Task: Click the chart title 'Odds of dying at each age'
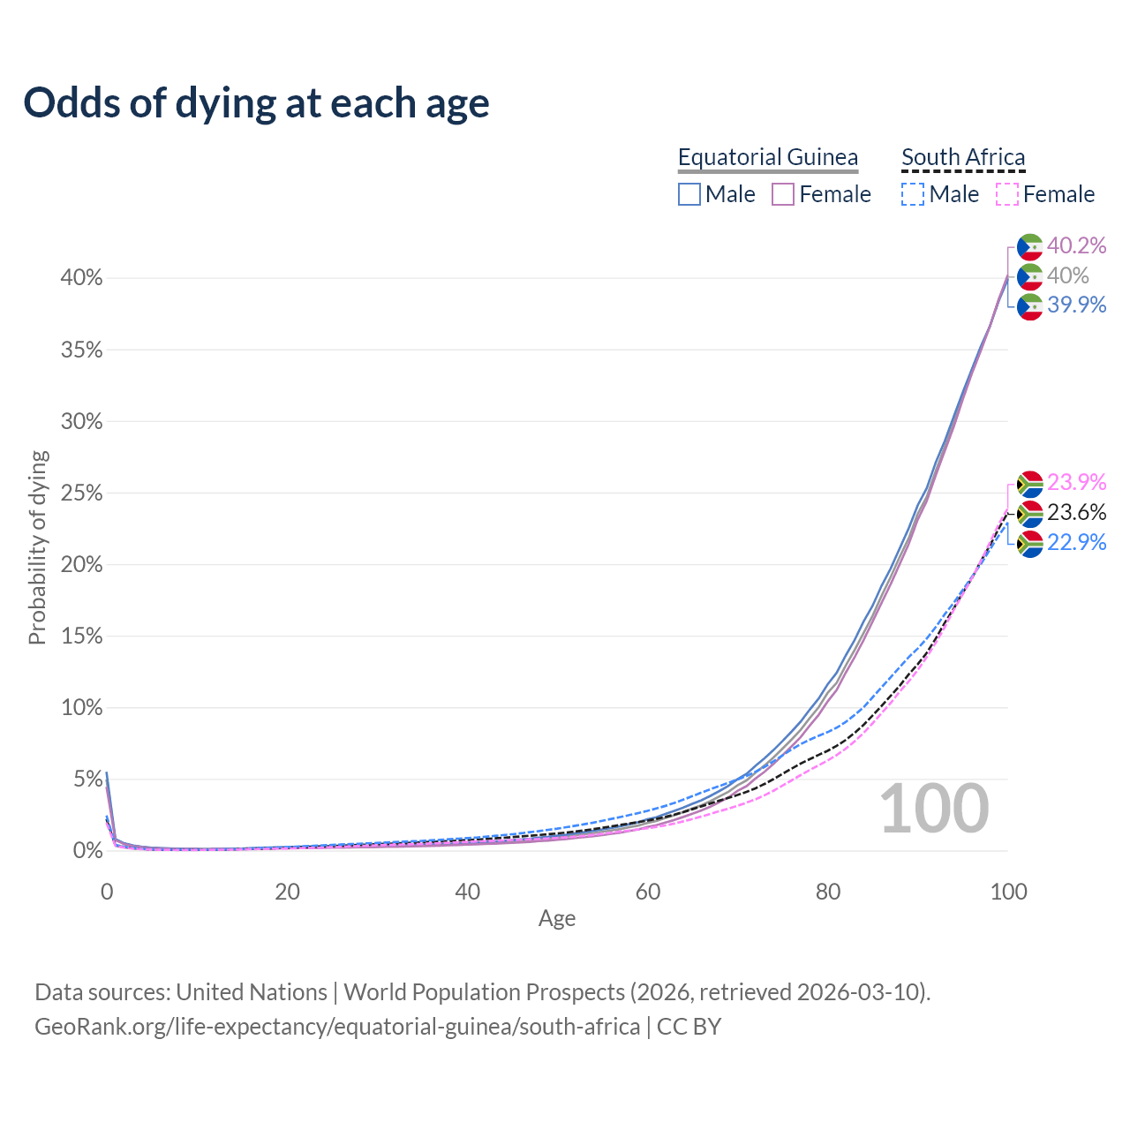(x=256, y=102)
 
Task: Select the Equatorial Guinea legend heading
(x=767, y=157)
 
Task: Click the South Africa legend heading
(x=963, y=157)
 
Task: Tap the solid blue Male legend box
(x=689, y=194)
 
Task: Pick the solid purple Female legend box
(x=783, y=194)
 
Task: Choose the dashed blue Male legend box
(x=913, y=194)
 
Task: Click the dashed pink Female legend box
(x=1007, y=194)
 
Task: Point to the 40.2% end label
(x=1076, y=245)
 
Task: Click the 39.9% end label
(x=1076, y=305)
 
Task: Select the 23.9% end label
(x=1076, y=482)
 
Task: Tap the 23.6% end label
(x=1076, y=512)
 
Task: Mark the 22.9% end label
(x=1076, y=542)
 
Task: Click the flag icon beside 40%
(x=1030, y=276)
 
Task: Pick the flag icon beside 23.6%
(x=1030, y=513)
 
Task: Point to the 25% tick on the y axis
(x=81, y=493)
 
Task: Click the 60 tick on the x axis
(x=648, y=892)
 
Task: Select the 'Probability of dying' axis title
(x=37, y=548)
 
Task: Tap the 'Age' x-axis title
(x=557, y=919)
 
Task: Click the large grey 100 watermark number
(x=934, y=809)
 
